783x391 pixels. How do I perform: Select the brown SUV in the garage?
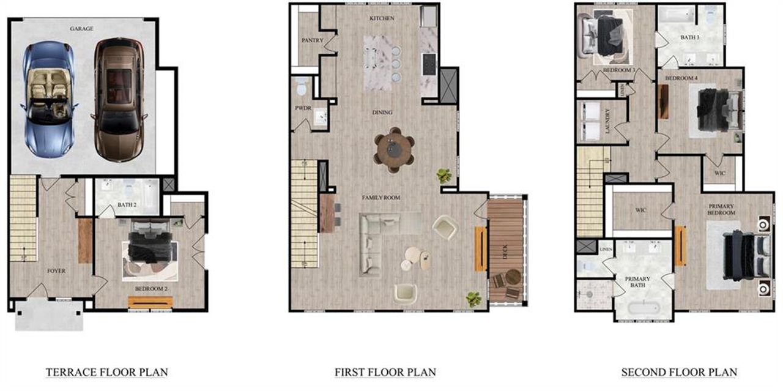pos(117,99)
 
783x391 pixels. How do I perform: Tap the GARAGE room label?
pos(81,28)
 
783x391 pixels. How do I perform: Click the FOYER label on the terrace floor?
pos(56,270)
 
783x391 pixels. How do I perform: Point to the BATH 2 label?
pos(127,205)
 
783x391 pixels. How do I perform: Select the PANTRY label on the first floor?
pos(312,40)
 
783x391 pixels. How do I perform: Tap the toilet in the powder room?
pos(300,88)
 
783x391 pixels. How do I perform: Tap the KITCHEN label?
pos(382,18)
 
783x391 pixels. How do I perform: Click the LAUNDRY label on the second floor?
pos(608,121)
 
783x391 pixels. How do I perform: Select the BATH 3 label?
pos(689,37)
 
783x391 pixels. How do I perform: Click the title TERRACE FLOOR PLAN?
pos(106,372)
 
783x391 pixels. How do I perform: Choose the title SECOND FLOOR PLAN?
pos(679,372)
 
